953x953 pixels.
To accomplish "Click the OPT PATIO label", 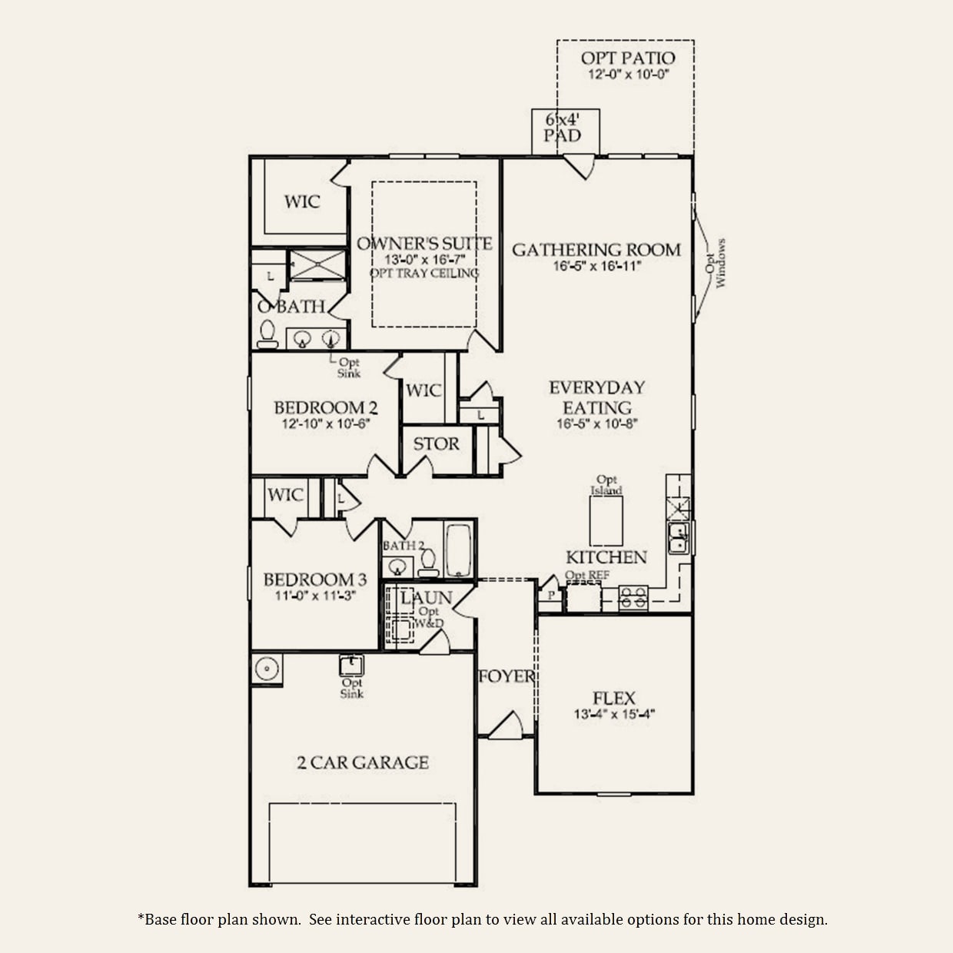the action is (628, 58).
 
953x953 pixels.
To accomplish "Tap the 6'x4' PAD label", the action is (563, 127).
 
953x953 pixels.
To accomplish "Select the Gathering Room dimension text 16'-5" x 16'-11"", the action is (597, 266).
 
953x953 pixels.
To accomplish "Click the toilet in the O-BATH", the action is (267, 334).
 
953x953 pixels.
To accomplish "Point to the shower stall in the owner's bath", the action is (317, 265).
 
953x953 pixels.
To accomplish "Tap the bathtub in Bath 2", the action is (459, 550).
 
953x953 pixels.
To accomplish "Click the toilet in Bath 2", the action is (428, 563).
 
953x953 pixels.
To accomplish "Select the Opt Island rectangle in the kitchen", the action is (606, 521).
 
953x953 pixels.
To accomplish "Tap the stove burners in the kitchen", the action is (633, 599).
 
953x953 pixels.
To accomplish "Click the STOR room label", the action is (437, 444).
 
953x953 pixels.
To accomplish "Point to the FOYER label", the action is (506, 676).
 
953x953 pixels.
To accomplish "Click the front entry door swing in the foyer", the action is (506, 726).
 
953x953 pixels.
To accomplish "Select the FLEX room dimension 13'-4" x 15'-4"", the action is (614, 714).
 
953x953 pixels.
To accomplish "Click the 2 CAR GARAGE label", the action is (363, 762).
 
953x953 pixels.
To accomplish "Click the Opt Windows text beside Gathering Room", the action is (715, 263).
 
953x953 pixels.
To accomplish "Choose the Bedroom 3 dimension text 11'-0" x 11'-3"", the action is (315, 596).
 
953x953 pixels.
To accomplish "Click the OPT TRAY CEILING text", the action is (424, 273).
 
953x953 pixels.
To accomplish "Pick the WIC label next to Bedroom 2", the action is (423, 390).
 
